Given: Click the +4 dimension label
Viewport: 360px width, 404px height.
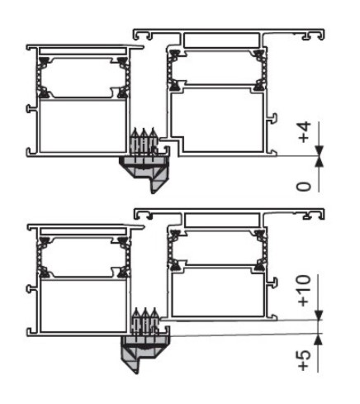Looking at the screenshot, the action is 304,132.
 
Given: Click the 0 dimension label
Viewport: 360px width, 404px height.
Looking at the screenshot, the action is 304,187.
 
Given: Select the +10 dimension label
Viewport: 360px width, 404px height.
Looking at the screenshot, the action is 304,291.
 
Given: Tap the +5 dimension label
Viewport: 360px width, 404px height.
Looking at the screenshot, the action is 304,360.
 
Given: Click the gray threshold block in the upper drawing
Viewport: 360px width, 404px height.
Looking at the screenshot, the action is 144,171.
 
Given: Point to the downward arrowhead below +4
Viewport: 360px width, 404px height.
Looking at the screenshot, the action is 319,150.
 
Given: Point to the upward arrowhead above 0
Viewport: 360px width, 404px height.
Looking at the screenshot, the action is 319,161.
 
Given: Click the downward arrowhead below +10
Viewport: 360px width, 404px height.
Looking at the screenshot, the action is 319,315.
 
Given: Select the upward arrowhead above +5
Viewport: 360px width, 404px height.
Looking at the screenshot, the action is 319,340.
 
